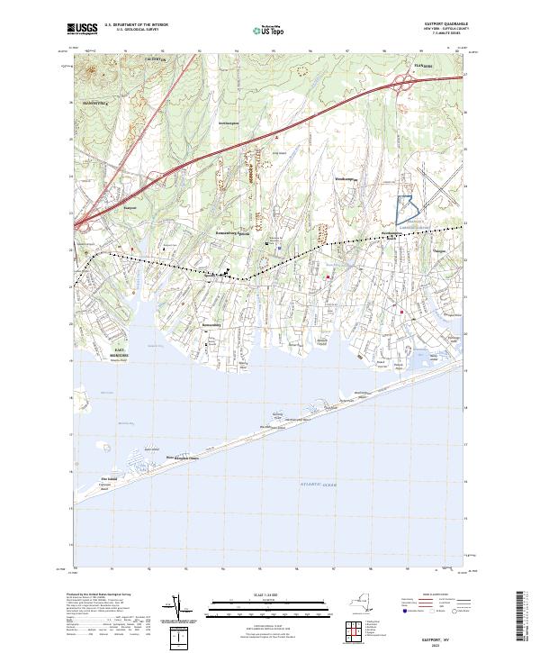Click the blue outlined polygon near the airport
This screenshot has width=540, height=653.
pos(406,210)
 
